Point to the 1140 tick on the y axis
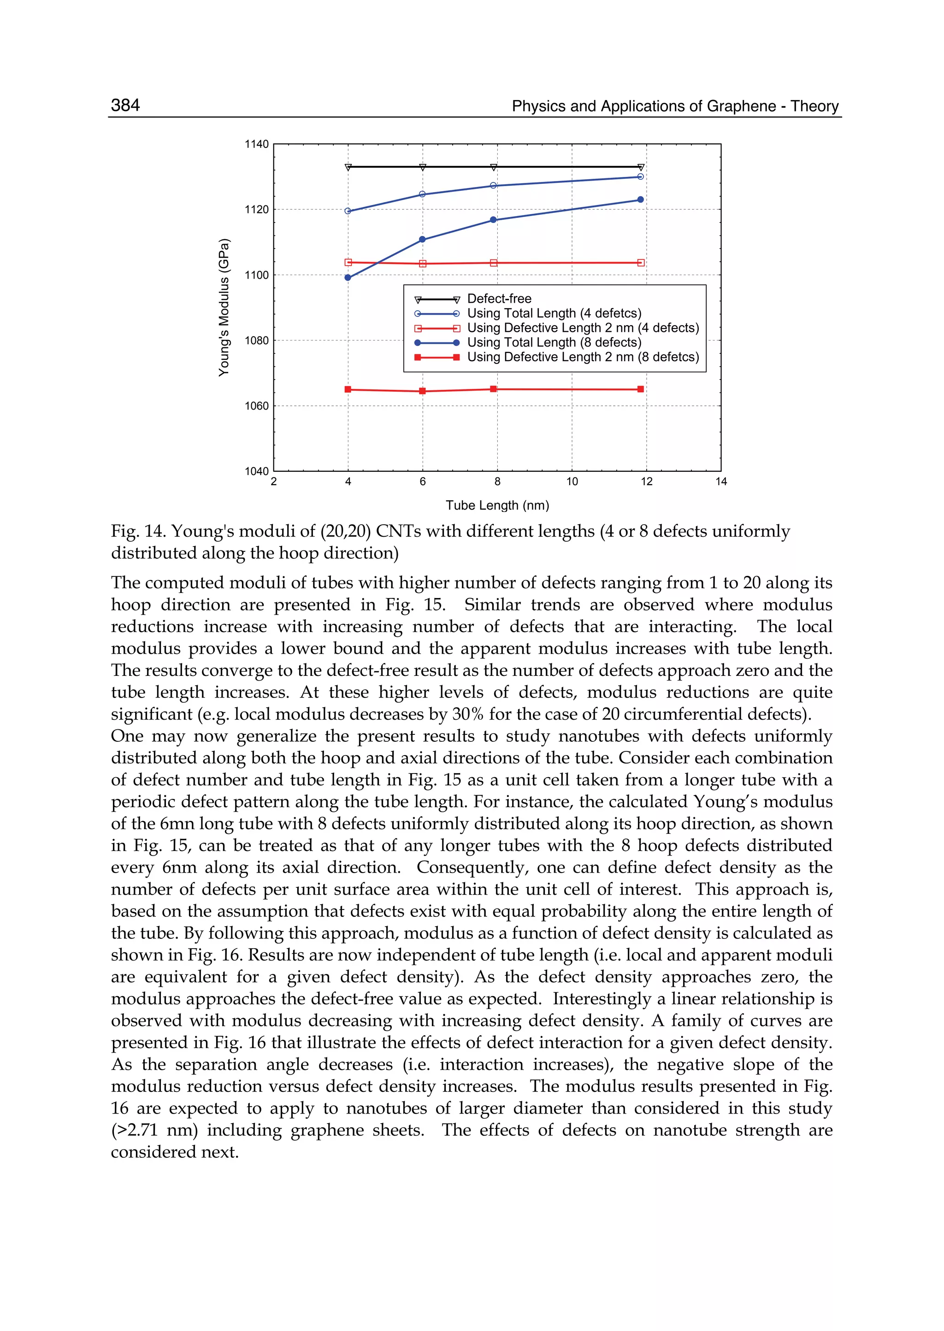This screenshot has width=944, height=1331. (x=256, y=144)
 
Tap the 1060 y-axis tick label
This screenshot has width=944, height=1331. (x=256, y=406)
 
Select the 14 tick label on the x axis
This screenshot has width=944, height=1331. (x=721, y=481)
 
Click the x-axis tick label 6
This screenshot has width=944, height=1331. (x=423, y=481)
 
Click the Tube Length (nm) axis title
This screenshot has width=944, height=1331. (x=497, y=505)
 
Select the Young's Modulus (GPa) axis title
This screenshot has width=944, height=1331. (x=224, y=307)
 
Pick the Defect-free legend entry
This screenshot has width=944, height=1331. (x=499, y=299)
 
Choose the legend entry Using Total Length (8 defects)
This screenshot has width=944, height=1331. (x=554, y=343)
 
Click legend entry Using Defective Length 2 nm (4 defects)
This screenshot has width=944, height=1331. (x=583, y=328)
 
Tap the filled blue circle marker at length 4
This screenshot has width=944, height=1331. (x=348, y=278)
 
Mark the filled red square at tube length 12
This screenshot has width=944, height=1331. (x=641, y=389)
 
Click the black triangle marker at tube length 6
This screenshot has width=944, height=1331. (x=423, y=167)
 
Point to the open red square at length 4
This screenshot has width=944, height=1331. (x=348, y=263)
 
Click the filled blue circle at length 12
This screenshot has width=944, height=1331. (x=641, y=200)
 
